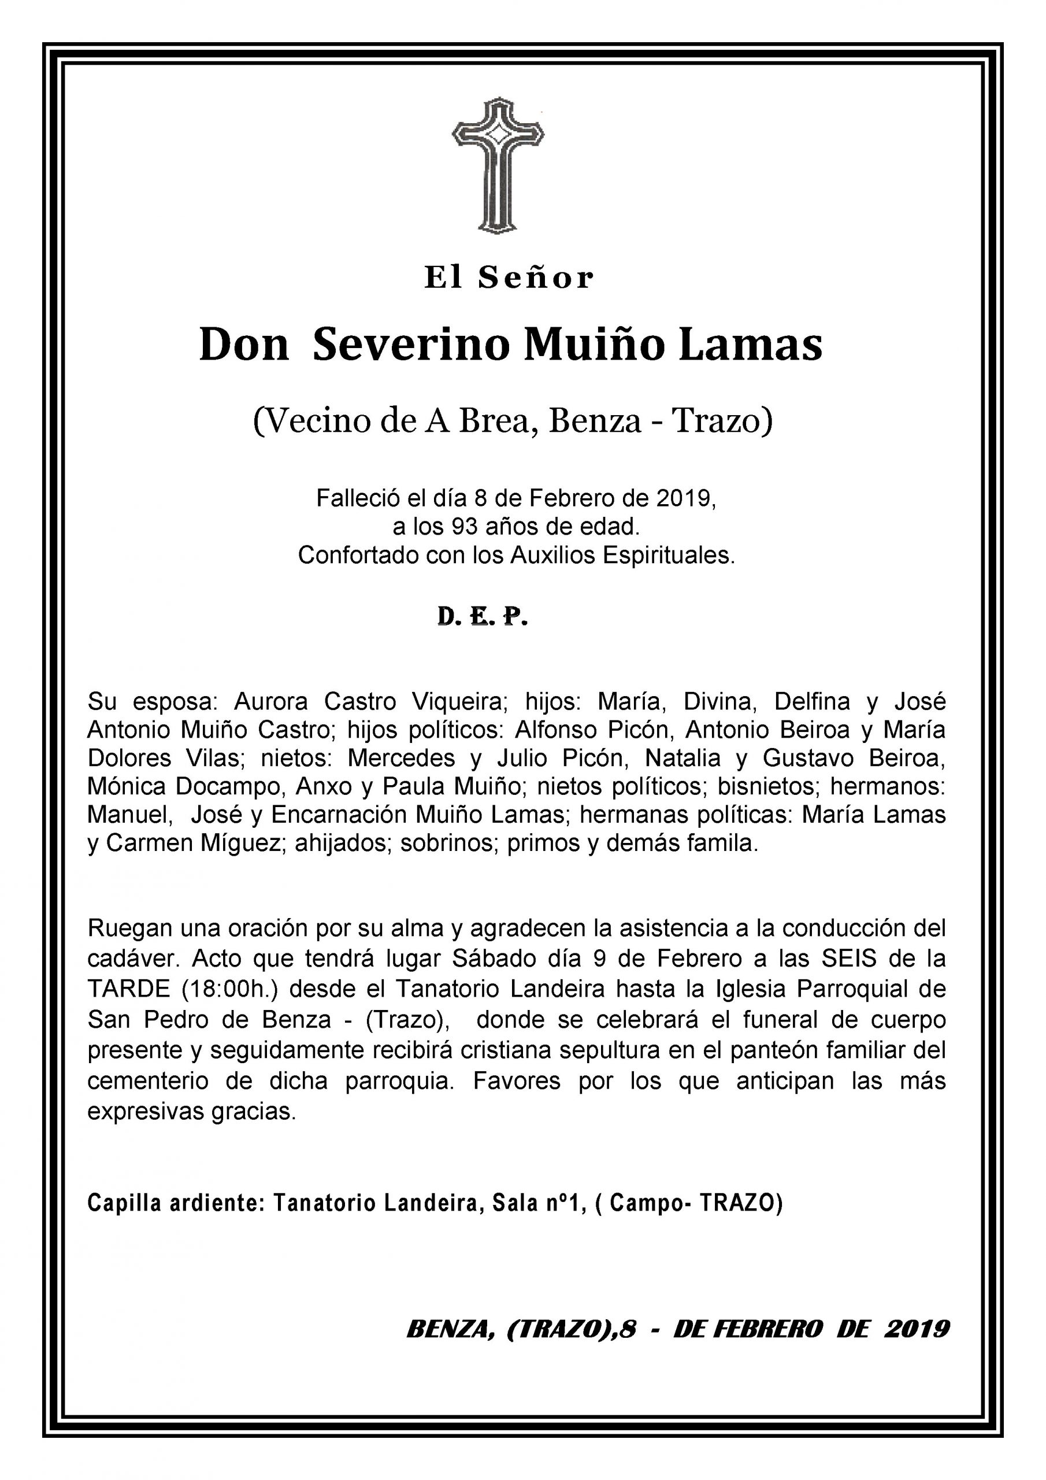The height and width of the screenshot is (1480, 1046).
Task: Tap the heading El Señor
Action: coord(509,278)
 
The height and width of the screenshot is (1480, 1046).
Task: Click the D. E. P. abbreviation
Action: coord(482,617)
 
